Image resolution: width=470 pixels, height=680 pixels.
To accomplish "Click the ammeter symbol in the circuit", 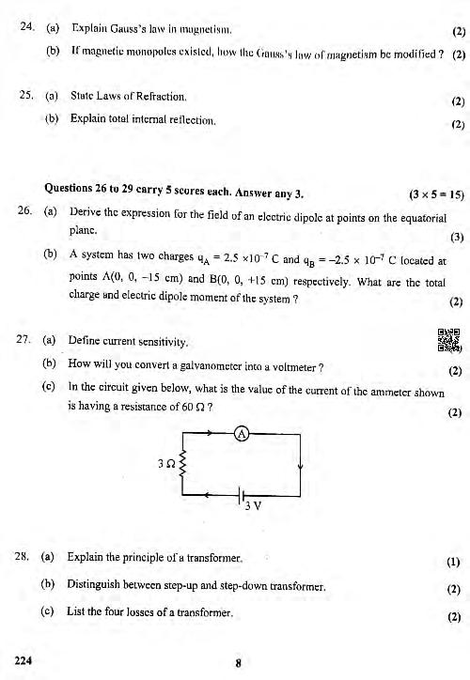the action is click(241, 435).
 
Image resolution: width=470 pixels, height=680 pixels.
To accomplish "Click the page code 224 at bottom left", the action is click(23, 659).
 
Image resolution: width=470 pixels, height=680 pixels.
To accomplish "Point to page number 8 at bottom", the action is click(239, 661).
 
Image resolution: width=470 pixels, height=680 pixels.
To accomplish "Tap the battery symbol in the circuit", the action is click(243, 495).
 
